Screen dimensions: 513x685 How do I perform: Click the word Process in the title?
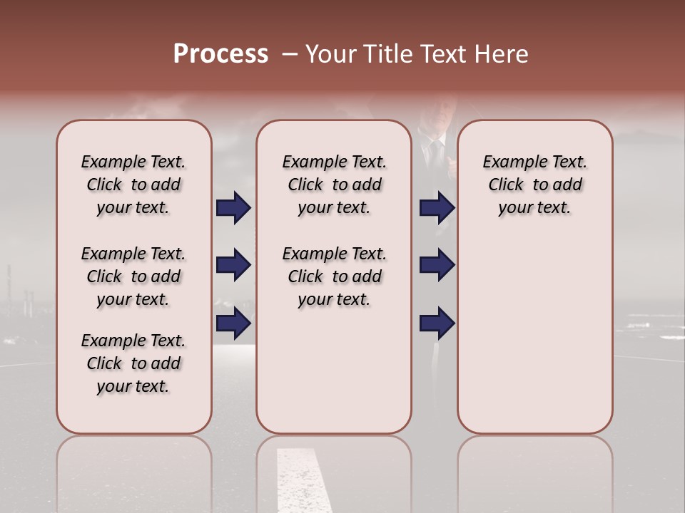pos(220,54)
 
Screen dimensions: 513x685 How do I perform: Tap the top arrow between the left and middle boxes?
pos(233,208)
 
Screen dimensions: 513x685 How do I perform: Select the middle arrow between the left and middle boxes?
pos(233,265)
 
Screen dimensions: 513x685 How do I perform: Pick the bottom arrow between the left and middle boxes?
pos(233,323)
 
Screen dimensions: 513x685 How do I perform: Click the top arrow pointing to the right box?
pos(437,208)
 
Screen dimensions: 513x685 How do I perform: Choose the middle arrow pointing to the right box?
pos(437,265)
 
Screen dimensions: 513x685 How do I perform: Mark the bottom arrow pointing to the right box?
pos(437,323)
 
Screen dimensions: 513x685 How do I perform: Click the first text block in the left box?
pos(133,185)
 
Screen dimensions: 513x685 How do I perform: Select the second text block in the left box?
pos(133,276)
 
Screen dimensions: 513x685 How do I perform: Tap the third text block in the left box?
pos(133,363)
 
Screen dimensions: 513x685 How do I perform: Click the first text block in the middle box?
pos(334,185)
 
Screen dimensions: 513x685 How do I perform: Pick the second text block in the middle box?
pos(334,276)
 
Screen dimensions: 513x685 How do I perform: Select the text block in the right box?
pos(534,185)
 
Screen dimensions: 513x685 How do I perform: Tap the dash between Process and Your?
pos(289,54)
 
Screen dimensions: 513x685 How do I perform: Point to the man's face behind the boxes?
pos(435,114)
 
